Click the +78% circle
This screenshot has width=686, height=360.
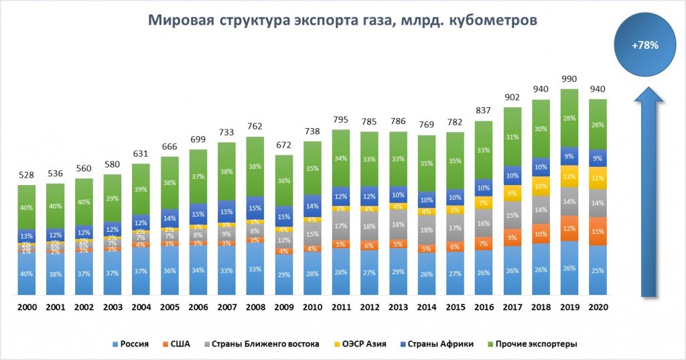click(x=644, y=46)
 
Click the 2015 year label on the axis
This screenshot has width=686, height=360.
click(x=456, y=308)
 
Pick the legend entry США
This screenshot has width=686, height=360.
click(x=177, y=344)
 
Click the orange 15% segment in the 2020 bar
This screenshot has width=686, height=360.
click(x=598, y=231)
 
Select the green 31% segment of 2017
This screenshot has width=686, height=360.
click(x=512, y=137)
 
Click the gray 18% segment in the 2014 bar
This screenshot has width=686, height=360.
click(x=427, y=229)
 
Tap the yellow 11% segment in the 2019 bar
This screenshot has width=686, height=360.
click(x=569, y=176)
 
